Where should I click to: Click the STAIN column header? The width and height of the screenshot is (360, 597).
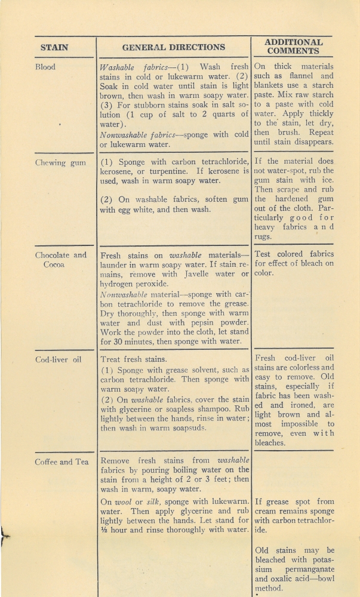(x=54, y=47)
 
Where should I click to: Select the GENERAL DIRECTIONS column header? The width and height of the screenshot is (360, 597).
(x=173, y=47)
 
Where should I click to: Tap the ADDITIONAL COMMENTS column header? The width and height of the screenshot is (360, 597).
(x=293, y=47)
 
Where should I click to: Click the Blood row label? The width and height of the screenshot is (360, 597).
(x=45, y=67)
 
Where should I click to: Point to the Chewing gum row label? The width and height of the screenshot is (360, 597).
(x=60, y=162)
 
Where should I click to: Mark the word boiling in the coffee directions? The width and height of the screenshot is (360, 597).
(x=190, y=470)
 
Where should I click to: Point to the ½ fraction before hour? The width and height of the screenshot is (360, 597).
(x=103, y=530)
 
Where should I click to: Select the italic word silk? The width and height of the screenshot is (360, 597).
(x=159, y=502)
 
